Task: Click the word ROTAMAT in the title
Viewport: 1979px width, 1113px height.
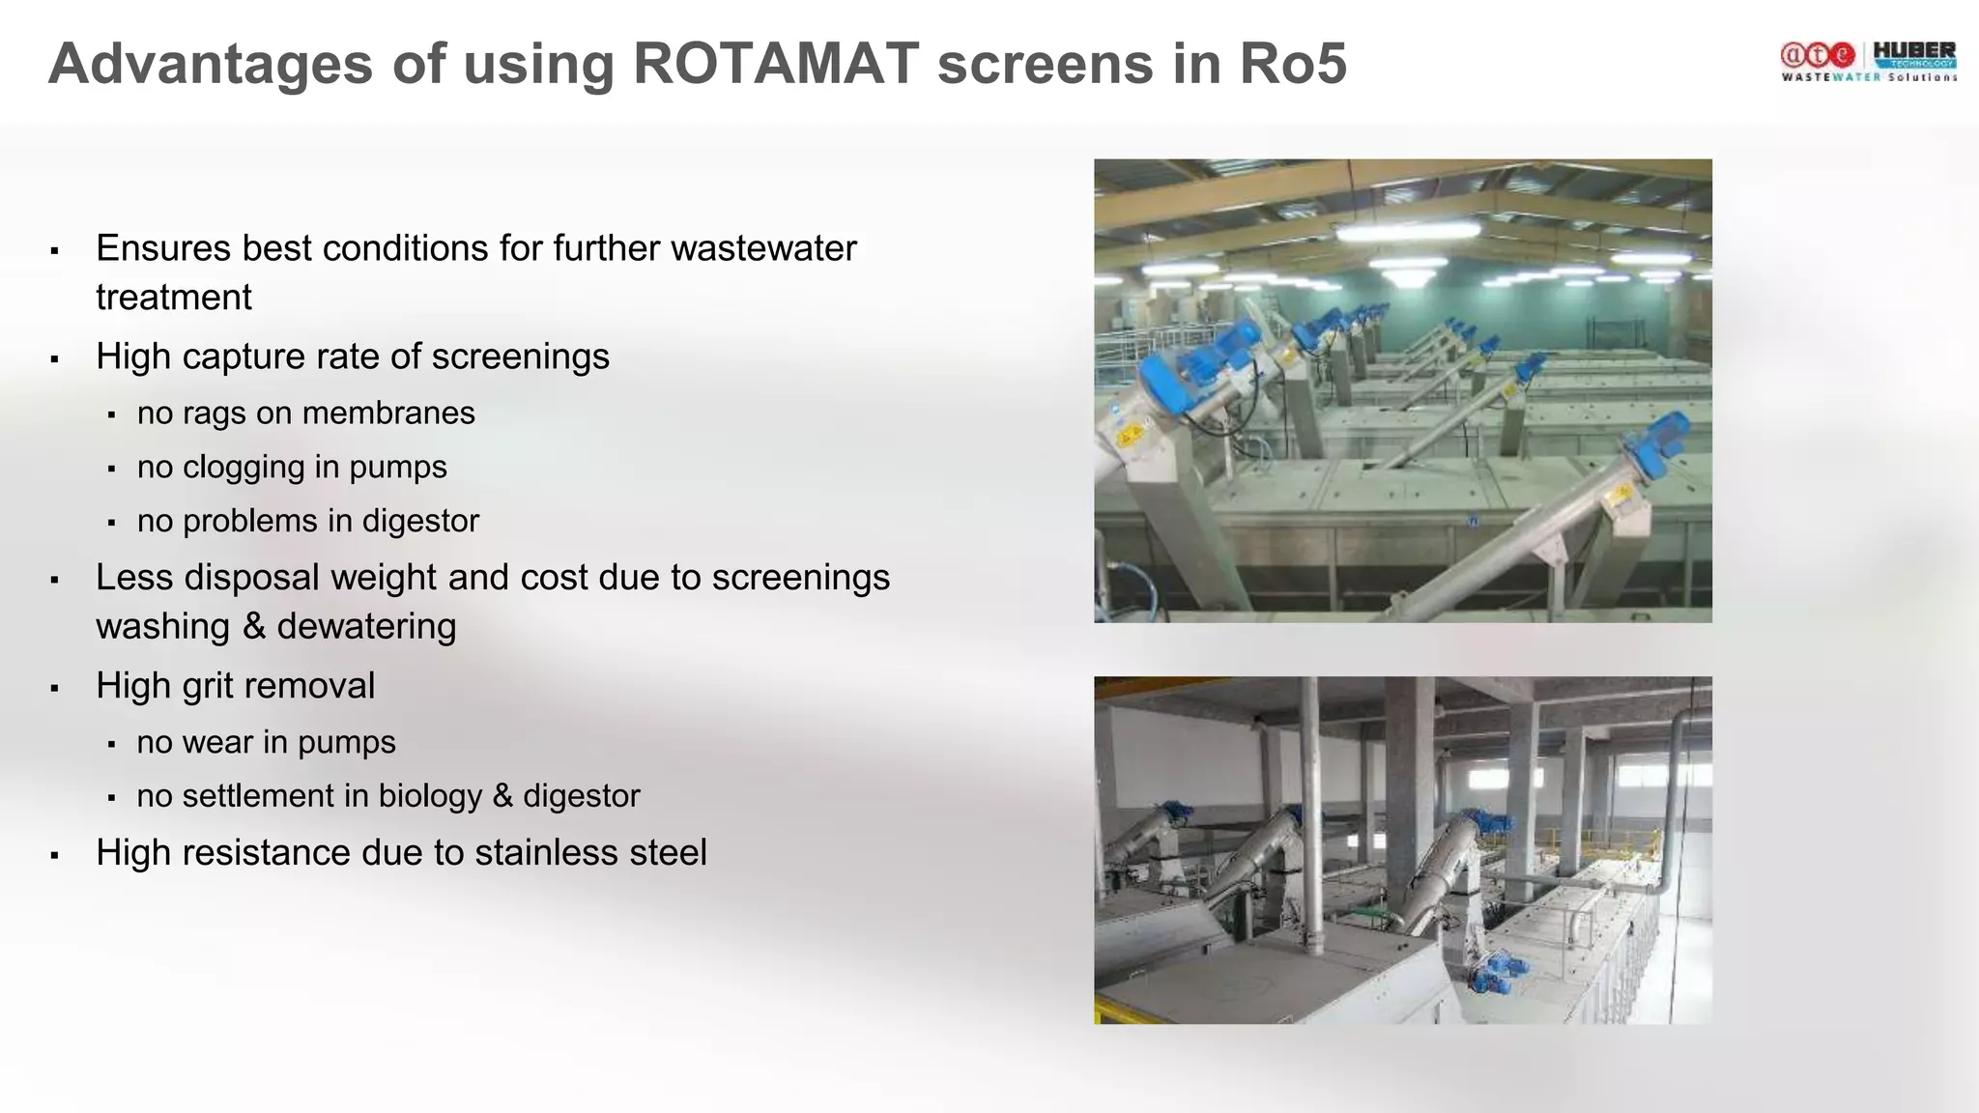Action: [776, 64]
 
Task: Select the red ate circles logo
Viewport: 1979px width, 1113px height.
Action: [1818, 56]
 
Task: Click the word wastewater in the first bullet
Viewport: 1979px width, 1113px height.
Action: [763, 248]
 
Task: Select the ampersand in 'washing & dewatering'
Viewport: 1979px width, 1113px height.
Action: [254, 627]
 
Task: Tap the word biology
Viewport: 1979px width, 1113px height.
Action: [430, 796]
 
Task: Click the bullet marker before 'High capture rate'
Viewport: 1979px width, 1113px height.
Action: [55, 359]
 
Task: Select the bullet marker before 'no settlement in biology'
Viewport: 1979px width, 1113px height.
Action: [112, 799]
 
